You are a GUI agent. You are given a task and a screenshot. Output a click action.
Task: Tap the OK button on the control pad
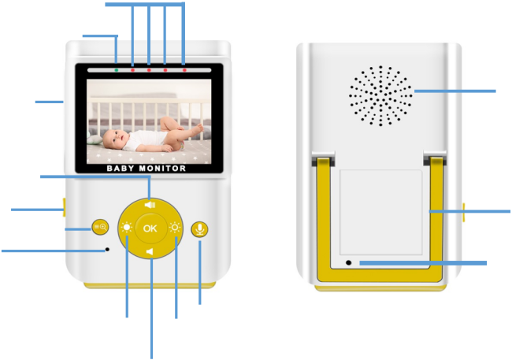(150, 228)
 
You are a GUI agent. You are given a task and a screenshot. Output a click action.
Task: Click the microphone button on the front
(199, 229)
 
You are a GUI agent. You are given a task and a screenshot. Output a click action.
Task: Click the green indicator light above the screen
(117, 70)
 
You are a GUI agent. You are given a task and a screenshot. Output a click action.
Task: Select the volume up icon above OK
(150, 205)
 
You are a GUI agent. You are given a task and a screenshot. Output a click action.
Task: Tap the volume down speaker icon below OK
(150, 252)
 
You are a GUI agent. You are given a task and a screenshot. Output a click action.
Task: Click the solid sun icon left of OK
(126, 227)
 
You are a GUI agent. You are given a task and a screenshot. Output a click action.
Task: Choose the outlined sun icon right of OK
(175, 228)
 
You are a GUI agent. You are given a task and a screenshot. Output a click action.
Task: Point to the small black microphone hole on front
(107, 249)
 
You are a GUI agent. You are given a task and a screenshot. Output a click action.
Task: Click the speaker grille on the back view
(380, 96)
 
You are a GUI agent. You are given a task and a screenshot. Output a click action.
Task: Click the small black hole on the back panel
(349, 262)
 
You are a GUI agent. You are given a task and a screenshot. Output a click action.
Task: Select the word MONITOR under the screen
(162, 169)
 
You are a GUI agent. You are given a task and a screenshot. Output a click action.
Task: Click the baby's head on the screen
(113, 139)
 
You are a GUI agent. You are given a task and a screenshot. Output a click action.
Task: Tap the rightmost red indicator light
(184, 70)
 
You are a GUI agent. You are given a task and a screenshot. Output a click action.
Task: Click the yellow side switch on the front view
(65, 207)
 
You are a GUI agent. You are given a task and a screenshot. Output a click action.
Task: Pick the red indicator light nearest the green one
(132, 70)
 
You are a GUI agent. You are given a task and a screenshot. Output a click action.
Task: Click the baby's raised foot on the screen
(198, 128)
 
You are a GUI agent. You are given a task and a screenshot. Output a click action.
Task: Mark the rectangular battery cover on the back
(380, 213)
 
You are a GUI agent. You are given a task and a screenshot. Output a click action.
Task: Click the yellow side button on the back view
(463, 213)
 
